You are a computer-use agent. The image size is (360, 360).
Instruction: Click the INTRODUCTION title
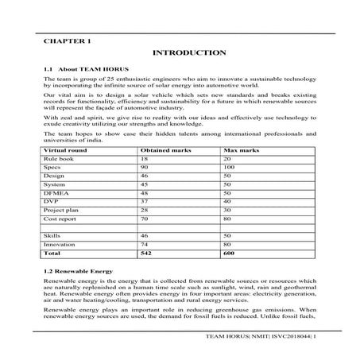(x=188, y=52)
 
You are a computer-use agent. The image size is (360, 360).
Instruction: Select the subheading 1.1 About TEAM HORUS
(x=79, y=69)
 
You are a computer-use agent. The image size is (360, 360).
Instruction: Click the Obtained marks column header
(x=163, y=149)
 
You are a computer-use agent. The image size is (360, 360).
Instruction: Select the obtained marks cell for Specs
(x=145, y=169)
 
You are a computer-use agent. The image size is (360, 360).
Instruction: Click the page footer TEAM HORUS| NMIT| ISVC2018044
(x=269, y=347)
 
